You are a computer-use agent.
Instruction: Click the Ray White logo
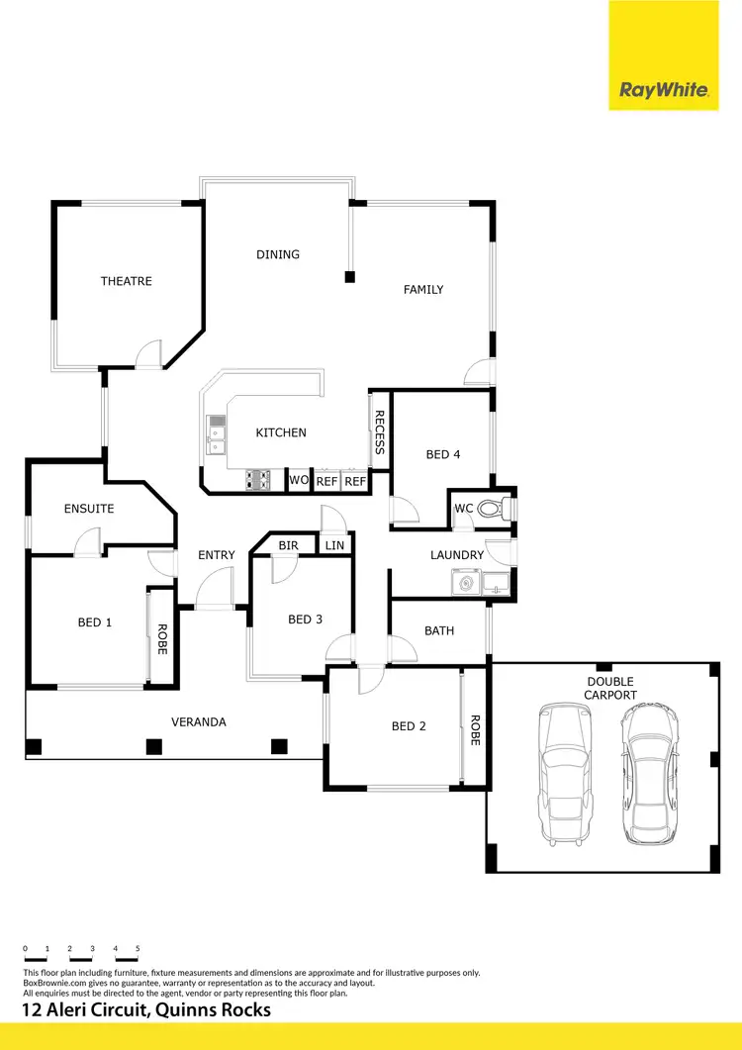point(664,90)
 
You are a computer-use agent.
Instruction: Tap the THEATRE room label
point(127,281)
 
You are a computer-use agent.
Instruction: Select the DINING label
point(278,254)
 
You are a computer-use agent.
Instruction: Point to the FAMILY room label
point(423,290)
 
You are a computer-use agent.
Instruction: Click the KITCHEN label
point(281,432)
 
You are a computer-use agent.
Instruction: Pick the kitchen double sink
point(216,434)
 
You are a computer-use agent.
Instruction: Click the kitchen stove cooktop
point(258,480)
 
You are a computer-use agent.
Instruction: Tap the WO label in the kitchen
point(298,481)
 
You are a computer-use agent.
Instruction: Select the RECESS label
point(379,432)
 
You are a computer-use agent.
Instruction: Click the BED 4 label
point(443,455)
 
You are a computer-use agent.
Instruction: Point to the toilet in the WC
point(492,509)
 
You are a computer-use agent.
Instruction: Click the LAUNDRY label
point(457,555)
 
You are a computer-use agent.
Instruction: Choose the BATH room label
point(439,630)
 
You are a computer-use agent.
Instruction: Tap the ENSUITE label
point(89,509)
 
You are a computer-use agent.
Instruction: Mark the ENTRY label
point(217,555)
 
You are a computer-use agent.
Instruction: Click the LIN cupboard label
point(334,545)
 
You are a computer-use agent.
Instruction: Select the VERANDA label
point(199,722)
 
